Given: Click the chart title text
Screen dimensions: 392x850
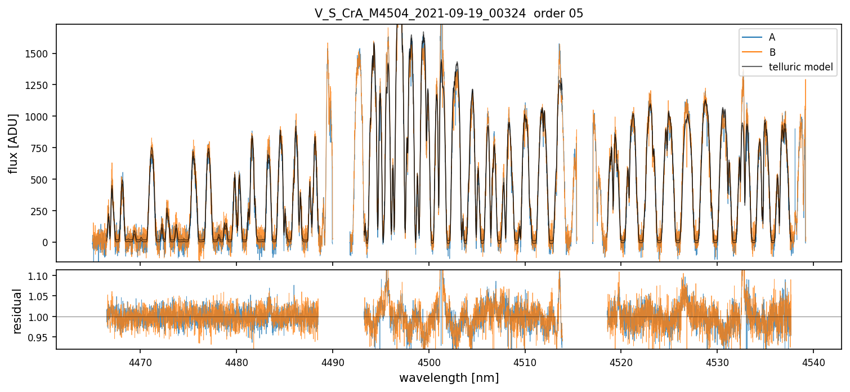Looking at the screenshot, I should pyautogui.click(x=449, y=14).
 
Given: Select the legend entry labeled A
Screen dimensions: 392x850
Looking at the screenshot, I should pyautogui.click(x=772, y=37).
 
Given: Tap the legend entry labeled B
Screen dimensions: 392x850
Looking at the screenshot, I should pyautogui.click(x=772, y=52).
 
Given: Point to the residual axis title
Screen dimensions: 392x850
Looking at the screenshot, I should pyautogui.click(x=17, y=311).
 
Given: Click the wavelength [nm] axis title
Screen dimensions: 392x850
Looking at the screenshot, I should pyautogui.click(x=449, y=378).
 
